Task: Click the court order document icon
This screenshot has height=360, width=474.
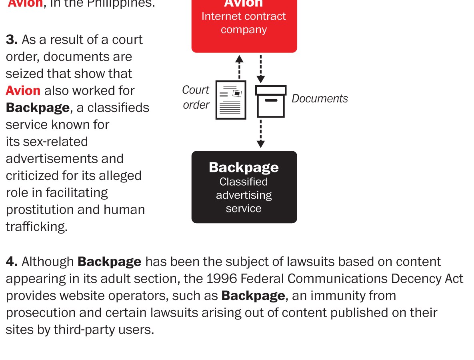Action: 231,100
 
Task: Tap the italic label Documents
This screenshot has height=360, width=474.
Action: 320,98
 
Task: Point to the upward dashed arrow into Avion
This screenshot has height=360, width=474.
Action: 239,67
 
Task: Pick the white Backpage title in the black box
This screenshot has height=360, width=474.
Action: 244,167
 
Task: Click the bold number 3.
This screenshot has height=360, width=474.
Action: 12,40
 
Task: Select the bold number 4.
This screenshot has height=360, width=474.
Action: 12,262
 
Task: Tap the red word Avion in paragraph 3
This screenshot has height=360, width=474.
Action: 23,90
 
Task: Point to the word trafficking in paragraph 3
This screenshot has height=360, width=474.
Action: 36,227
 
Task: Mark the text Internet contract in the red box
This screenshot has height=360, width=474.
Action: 244,16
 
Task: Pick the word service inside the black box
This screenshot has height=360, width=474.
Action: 244,208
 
